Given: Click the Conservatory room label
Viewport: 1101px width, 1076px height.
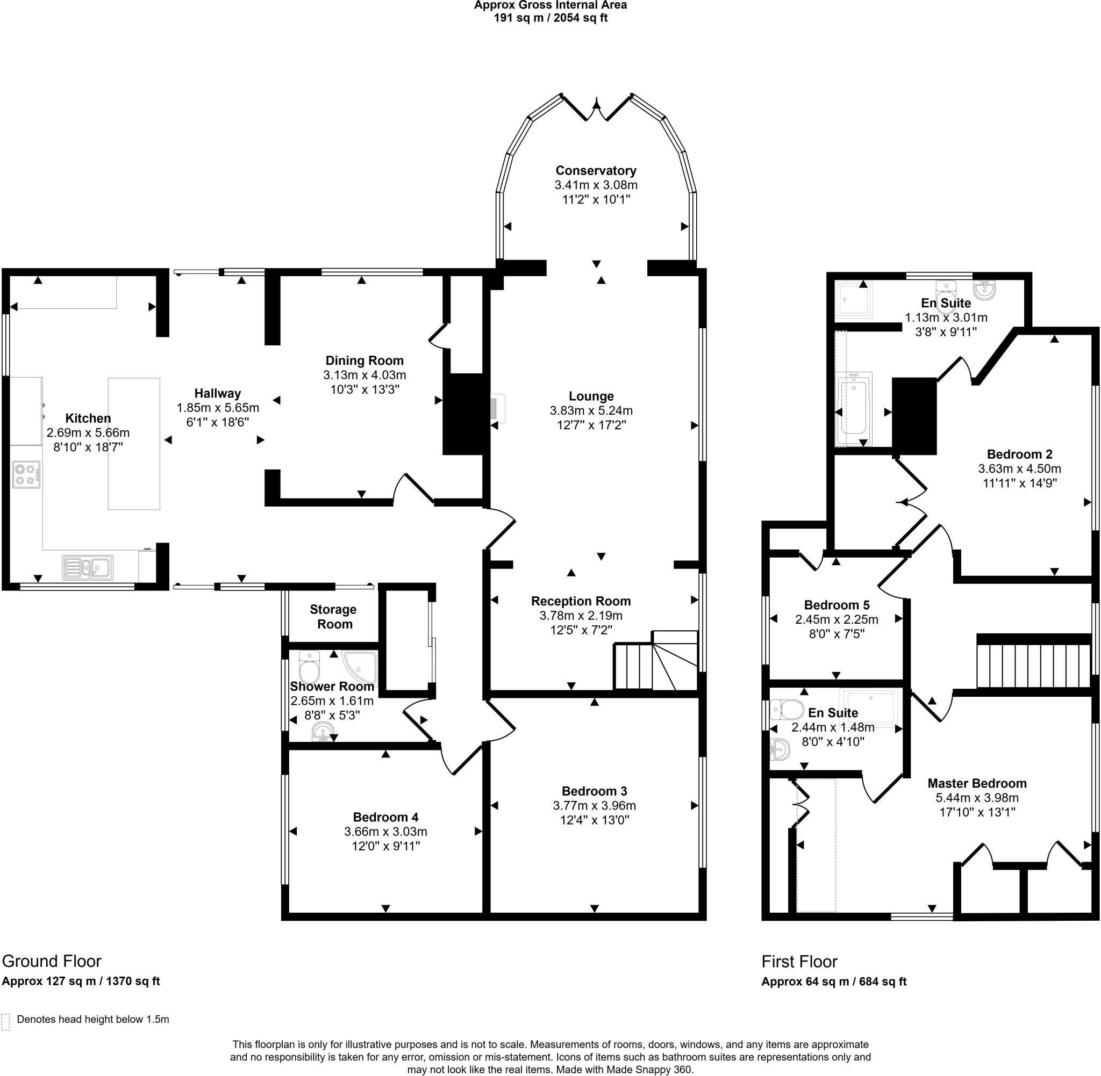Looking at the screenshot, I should coord(596,171).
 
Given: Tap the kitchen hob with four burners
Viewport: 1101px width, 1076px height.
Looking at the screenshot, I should coord(26,475).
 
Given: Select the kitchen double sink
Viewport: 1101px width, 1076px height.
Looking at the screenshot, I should coord(88,567).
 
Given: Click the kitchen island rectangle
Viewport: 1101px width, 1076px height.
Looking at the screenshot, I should coord(134,444).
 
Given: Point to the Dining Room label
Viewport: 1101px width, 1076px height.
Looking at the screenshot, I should coord(364,360).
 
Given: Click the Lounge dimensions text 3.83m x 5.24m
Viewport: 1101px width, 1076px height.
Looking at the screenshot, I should coord(591,411).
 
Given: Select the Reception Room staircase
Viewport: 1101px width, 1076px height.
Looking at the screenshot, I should coord(656,662).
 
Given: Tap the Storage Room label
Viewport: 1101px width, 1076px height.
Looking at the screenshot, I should coord(333,617).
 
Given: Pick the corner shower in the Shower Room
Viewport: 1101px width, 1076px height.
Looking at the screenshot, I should coord(362,666).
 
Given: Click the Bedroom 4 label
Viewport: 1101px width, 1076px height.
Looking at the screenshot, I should coord(385,817).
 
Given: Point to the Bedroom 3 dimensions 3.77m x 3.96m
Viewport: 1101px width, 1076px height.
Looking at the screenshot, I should coord(595,806).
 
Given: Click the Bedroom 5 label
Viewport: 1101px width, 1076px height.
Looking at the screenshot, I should coord(837,605).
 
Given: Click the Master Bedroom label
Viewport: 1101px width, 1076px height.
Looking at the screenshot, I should coord(977,783).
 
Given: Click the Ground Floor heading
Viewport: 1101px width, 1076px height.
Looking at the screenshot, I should coord(52,961).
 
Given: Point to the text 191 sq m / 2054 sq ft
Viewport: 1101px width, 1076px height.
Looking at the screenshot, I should coord(550,18).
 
